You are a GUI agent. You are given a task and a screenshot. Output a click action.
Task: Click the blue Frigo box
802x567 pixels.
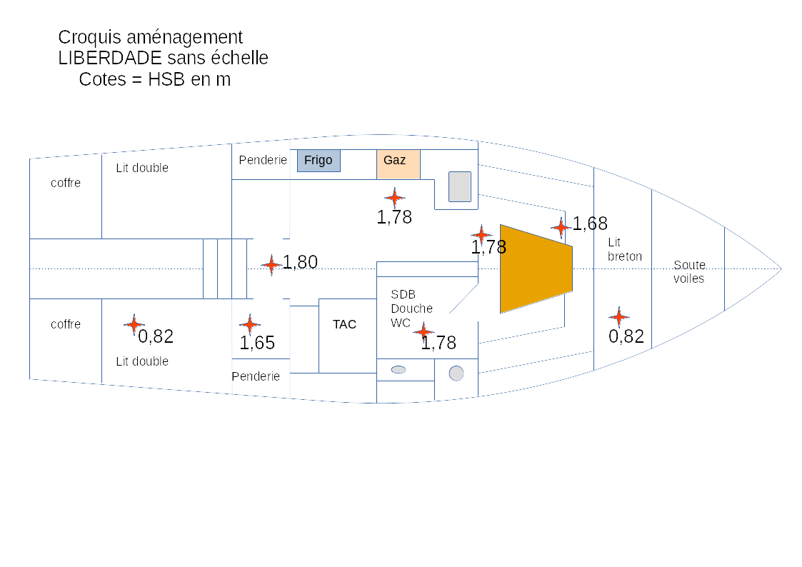point(319,161)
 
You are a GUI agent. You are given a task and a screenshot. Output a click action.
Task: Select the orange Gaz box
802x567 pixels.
point(398,164)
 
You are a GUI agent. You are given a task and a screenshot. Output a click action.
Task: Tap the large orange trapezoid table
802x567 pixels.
point(536,269)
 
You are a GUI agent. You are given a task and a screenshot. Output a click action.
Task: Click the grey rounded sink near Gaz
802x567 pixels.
point(460,186)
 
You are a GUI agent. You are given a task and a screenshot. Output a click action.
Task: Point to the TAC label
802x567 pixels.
point(344,324)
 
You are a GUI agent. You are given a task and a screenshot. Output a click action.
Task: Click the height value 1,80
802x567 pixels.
point(301,263)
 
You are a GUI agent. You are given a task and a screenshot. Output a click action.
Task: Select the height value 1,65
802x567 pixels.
point(257,343)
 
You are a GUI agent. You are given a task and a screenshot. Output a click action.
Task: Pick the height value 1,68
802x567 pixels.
point(590,224)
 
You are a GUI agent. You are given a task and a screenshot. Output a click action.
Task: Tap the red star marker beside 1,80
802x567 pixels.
point(271,265)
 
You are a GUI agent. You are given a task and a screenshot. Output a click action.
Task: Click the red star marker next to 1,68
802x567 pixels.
point(561,227)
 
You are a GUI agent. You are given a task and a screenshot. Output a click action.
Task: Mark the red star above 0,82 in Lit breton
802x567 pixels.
point(618,316)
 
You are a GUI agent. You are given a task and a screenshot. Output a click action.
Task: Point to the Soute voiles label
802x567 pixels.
point(689,272)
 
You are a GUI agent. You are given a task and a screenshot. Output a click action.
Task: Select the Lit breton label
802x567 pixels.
point(625,249)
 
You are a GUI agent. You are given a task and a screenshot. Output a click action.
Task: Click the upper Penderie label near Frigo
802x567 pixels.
point(263,160)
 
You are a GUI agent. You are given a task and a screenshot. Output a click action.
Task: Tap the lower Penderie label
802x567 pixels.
point(256,376)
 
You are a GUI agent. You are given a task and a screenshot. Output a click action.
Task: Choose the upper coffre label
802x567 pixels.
point(66,183)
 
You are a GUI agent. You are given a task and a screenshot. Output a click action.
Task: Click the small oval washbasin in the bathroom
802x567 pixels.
point(399,369)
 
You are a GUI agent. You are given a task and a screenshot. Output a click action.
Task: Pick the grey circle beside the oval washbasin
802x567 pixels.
point(456,373)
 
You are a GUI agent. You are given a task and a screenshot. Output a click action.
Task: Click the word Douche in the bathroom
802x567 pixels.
point(411,308)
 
